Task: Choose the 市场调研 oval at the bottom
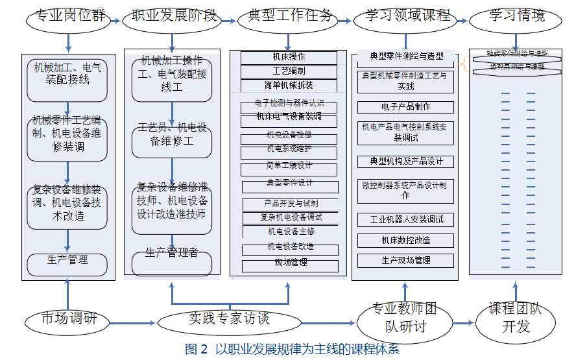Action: pyautogui.click(x=69, y=318)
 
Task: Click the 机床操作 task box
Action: pyautogui.click(x=289, y=58)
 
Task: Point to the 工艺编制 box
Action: pyautogui.click(x=289, y=71)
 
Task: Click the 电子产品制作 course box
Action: pyautogui.click(x=405, y=107)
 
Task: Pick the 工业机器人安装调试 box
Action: pyautogui.click(x=405, y=220)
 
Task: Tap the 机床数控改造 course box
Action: pyautogui.click(x=405, y=241)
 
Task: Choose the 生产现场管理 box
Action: pyautogui.click(x=405, y=261)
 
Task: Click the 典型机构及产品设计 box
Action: pyautogui.click(x=405, y=162)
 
